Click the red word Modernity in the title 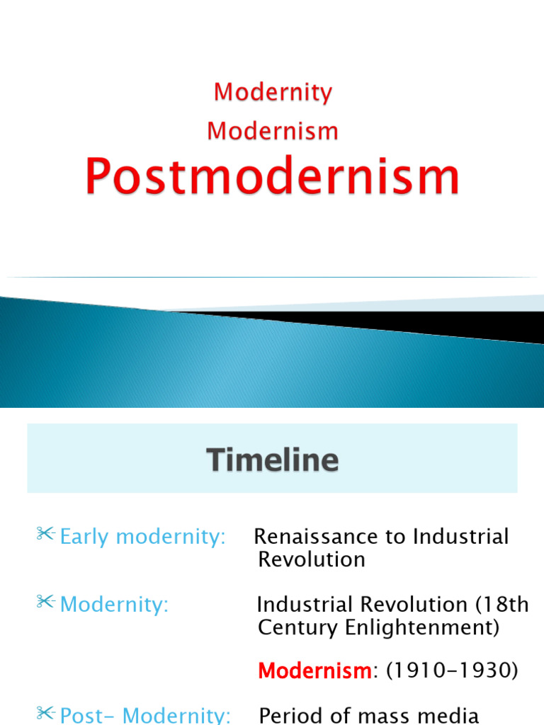(273, 92)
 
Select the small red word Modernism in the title (273, 131)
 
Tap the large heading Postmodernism (273, 176)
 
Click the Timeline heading (273, 461)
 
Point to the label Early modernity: (142, 537)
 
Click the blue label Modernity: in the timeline (114, 605)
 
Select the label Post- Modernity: (145, 715)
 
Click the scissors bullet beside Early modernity (46, 535)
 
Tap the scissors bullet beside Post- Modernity (46, 713)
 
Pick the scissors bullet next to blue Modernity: (46, 603)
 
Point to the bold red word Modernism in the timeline (314, 670)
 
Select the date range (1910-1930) (449, 670)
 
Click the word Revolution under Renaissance (312, 559)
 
